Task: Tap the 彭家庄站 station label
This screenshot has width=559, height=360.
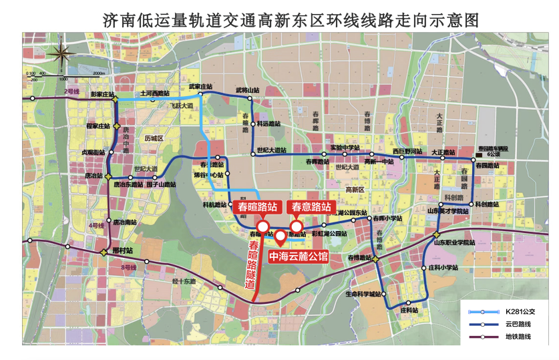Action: (x=104, y=95)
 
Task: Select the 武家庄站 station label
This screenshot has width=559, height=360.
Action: (x=200, y=87)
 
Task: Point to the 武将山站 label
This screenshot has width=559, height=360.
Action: (x=246, y=89)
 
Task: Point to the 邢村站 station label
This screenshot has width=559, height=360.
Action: (x=123, y=252)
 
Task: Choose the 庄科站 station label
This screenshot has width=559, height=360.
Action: (x=409, y=311)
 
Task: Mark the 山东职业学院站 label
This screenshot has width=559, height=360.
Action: (x=456, y=242)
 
